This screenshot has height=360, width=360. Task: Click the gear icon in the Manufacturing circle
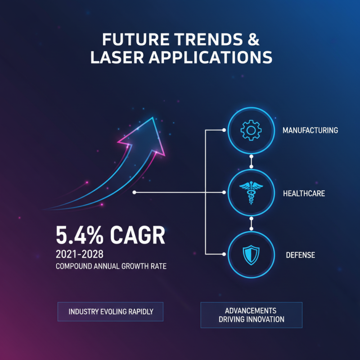(x=251, y=130)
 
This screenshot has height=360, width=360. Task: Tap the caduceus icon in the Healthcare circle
(x=251, y=193)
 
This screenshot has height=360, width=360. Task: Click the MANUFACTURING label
(x=310, y=130)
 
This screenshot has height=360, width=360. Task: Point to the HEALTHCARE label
(x=304, y=193)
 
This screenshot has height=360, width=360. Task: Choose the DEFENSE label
(x=300, y=255)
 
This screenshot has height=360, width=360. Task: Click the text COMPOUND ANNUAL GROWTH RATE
(x=111, y=266)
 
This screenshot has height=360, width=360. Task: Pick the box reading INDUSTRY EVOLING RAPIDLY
(x=110, y=311)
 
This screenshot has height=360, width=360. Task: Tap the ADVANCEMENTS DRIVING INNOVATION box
(x=251, y=315)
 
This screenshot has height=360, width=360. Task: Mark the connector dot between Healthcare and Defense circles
(x=251, y=224)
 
